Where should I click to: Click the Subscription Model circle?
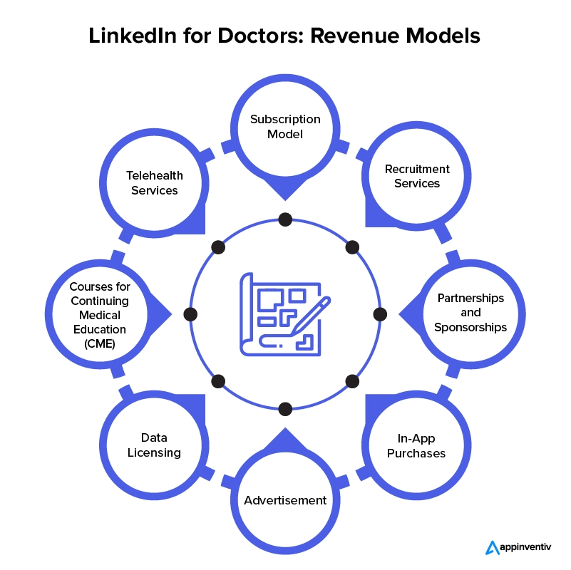(285, 127)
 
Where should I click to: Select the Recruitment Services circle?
(417, 176)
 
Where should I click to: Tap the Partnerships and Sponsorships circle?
(471, 313)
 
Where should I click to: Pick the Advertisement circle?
(285, 499)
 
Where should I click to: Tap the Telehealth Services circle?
(154, 183)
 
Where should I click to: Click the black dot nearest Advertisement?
(285, 409)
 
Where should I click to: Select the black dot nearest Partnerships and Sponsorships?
(380, 313)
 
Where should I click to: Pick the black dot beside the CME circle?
(190, 313)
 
